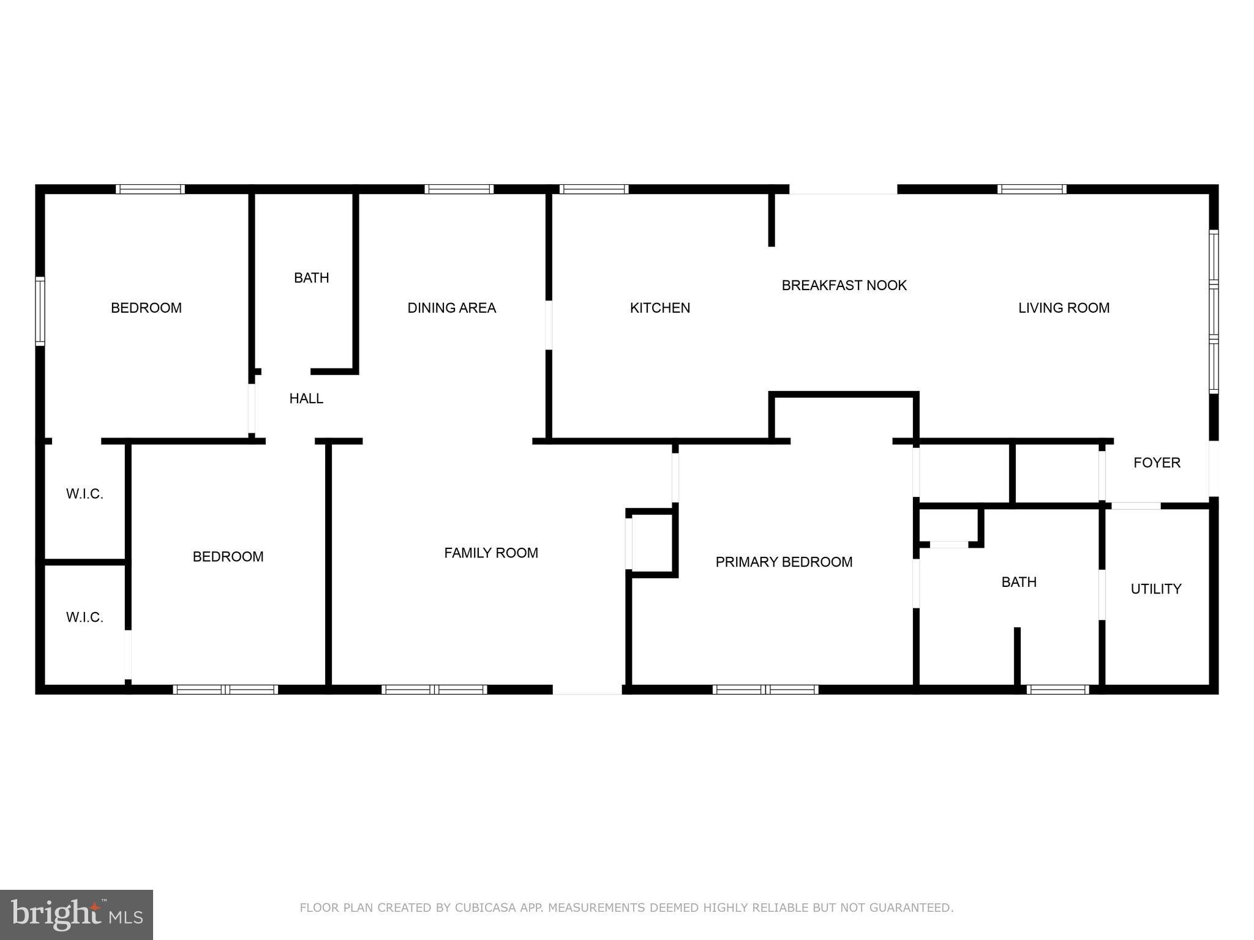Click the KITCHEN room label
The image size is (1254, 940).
pyautogui.click(x=659, y=308)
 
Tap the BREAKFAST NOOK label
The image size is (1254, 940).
pyautogui.click(x=844, y=285)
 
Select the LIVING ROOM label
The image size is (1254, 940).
pyautogui.click(x=1064, y=308)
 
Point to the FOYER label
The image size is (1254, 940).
pyautogui.click(x=1157, y=463)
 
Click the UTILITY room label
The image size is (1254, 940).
pyautogui.click(x=1155, y=589)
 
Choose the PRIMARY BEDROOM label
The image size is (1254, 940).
pyautogui.click(x=784, y=562)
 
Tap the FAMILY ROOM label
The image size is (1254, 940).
pyautogui.click(x=491, y=553)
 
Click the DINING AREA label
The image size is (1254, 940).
pyautogui.click(x=452, y=308)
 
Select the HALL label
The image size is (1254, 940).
pyautogui.click(x=306, y=398)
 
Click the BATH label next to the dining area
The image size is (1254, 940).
pyautogui.click(x=312, y=278)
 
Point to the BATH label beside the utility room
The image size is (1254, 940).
pyautogui.click(x=1019, y=582)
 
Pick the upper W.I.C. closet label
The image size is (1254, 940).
pyautogui.click(x=84, y=494)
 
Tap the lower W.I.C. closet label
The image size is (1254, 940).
pyautogui.click(x=84, y=617)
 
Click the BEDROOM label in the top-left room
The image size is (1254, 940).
pyautogui.click(x=146, y=308)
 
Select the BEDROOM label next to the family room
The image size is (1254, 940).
pyautogui.click(x=228, y=557)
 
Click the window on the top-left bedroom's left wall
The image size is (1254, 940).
pyautogui.click(x=40, y=311)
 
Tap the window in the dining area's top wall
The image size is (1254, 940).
pyautogui.click(x=459, y=189)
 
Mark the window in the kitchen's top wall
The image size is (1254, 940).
pyautogui.click(x=594, y=189)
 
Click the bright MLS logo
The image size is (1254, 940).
pyautogui.click(x=77, y=915)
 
